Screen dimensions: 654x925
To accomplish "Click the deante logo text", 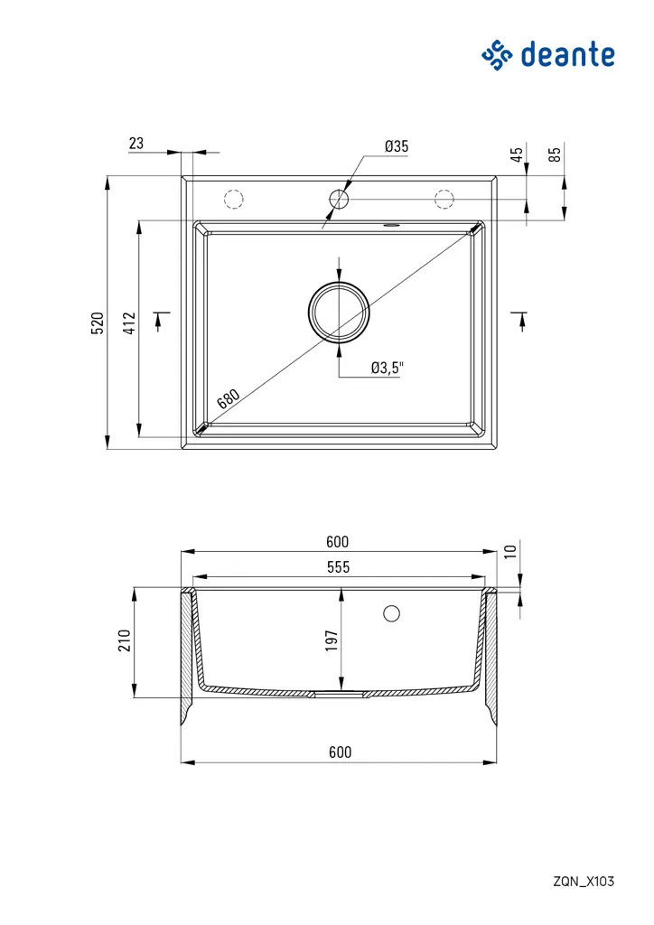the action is point(567,55).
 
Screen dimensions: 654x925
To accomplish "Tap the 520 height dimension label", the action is point(98,323).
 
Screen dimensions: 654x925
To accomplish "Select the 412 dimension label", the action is point(129,323).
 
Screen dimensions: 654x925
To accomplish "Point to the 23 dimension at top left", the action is point(136,144).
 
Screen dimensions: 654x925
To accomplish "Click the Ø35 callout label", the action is point(397,146).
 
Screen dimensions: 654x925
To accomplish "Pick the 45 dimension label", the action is point(517,154).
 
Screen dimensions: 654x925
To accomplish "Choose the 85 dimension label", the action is point(555,154).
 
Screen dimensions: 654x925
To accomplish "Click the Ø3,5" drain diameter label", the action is point(388,369).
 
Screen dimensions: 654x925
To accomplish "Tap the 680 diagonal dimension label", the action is point(229,398).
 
